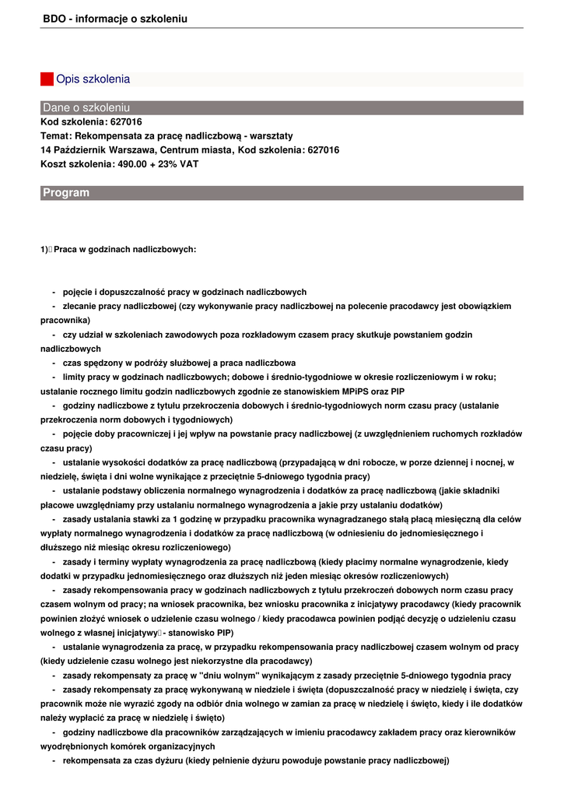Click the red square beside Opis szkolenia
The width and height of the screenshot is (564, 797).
point(47,79)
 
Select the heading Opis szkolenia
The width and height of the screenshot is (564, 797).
point(93,79)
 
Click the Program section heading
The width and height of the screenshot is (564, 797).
point(66,193)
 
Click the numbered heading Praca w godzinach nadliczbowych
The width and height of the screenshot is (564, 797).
point(124,250)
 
